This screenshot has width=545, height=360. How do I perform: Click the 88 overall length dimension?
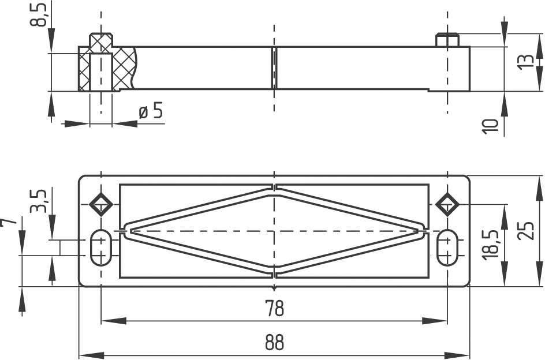click(275, 342)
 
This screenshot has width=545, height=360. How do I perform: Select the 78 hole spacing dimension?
click(275, 308)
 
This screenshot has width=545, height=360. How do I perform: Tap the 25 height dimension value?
click(524, 230)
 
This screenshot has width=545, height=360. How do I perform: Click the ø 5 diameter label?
click(151, 111)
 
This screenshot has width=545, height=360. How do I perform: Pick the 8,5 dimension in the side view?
click(39, 14)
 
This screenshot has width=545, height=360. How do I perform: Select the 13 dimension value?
click(526, 62)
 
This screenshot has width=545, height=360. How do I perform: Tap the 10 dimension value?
click(490, 126)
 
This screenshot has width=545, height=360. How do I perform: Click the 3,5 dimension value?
click(39, 200)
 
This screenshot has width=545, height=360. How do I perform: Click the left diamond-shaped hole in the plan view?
click(101, 202)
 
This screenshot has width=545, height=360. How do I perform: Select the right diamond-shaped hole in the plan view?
click(447, 202)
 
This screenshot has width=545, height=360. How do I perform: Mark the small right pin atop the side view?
click(447, 40)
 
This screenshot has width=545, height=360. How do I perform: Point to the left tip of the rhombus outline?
click(127, 230)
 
